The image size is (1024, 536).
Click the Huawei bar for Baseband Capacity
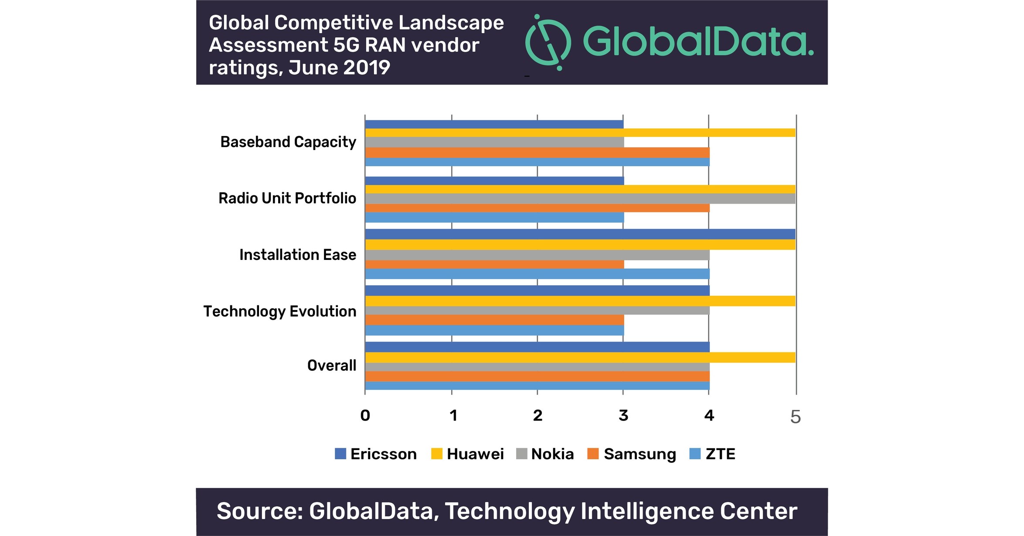pos(580,133)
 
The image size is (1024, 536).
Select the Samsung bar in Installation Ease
pos(494,264)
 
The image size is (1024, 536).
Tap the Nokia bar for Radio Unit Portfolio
pos(580,198)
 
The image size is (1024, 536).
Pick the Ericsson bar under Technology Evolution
pos(537,290)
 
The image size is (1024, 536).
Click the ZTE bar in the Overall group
pos(537,386)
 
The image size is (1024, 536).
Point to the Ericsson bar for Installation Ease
pos(580,234)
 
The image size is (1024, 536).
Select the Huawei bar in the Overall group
pos(580,358)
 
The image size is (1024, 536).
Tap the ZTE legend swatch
pos(695,454)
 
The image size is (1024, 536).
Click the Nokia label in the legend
pos(552,454)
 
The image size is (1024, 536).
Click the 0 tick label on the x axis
pos(365,416)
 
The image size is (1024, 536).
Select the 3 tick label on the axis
pos(623,416)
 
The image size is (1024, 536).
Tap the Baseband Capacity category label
pos(288,142)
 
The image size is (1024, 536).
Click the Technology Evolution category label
pos(280,311)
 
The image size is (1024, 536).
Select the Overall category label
pos(332,365)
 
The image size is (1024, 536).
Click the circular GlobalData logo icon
pos(548,42)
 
